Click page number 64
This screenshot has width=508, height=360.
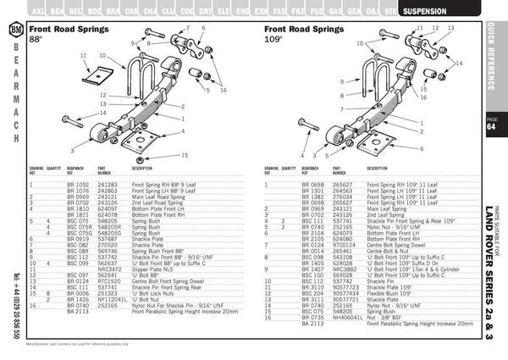click(492, 128)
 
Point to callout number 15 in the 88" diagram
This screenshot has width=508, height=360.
click(184, 155)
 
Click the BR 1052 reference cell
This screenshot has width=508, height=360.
click(77, 184)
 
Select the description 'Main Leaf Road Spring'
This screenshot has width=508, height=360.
click(160, 196)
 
